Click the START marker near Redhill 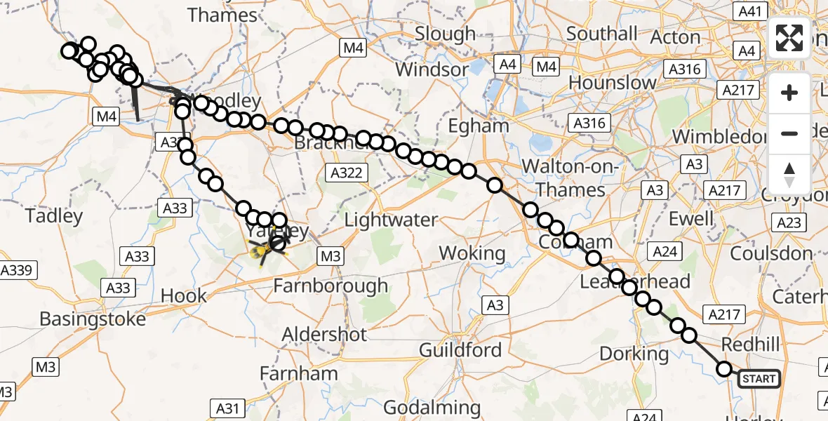pos(759,379)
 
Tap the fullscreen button pos(789,38)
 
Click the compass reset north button pos(789,175)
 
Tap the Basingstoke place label pos(93,319)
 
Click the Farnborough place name pos(330,286)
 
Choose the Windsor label pos(432,70)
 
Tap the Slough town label pos(446,34)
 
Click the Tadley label pos(54,216)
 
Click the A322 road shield pos(349,172)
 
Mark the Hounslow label pos(613,82)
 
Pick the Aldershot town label pos(324,334)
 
